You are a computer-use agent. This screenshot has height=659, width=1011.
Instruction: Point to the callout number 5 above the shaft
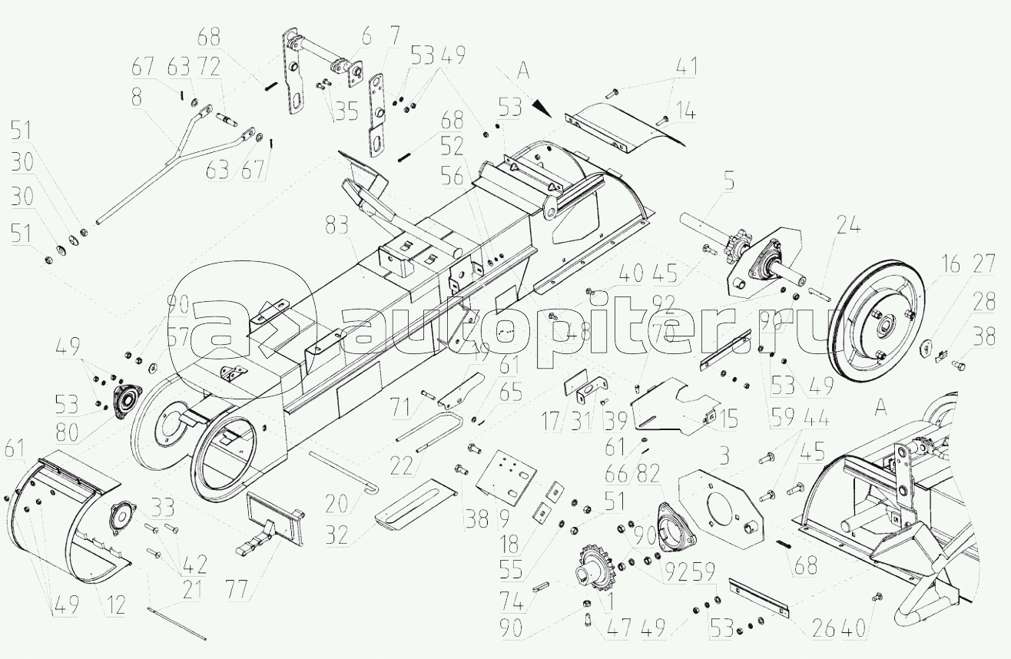click(x=728, y=183)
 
